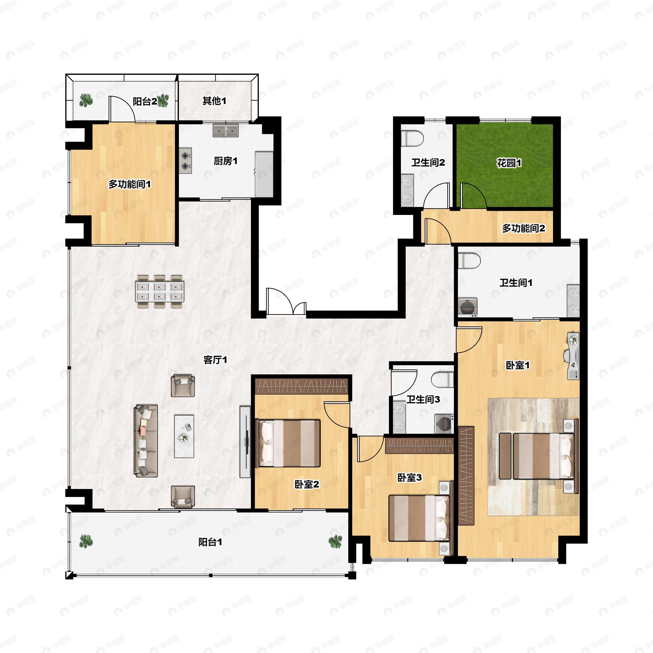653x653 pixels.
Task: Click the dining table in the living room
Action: pos(159,291)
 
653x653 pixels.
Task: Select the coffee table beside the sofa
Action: pos(184,436)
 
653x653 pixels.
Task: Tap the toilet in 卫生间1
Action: pos(470,261)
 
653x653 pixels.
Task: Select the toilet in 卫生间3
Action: pos(442,380)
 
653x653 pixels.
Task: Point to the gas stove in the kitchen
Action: pos(185,161)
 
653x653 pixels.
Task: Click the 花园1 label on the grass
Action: pos(509,163)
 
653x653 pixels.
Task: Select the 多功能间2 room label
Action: pos(523,229)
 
